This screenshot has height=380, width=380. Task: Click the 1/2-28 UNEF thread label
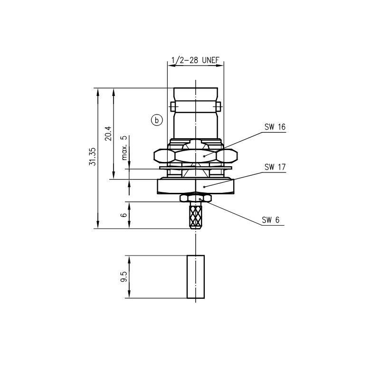[195, 60]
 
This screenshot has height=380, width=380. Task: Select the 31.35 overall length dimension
[92, 157]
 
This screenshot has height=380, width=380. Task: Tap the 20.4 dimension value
[108, 133]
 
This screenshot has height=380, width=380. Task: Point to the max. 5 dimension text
[124, 148]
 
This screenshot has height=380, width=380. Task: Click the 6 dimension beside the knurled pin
[124, 215]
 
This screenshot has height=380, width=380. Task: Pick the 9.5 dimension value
[123, 276]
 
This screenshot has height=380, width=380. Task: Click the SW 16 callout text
[275, 127]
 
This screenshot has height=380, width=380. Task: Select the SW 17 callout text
[275, 167]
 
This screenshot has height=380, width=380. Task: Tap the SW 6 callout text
[270, 220]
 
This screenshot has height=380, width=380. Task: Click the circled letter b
[157, 120]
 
